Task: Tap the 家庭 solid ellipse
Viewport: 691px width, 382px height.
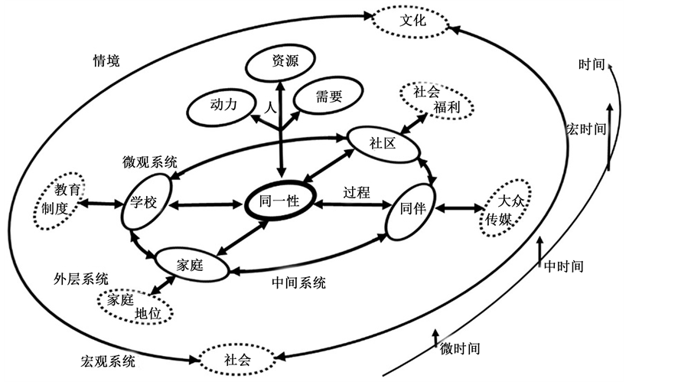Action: click(x=191, y=265)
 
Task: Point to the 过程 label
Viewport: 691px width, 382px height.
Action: click(x=357, y=193)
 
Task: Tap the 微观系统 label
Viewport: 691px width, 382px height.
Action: click(x=150, y=162)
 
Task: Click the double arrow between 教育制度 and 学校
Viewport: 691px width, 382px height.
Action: click(x=99, y=204)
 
